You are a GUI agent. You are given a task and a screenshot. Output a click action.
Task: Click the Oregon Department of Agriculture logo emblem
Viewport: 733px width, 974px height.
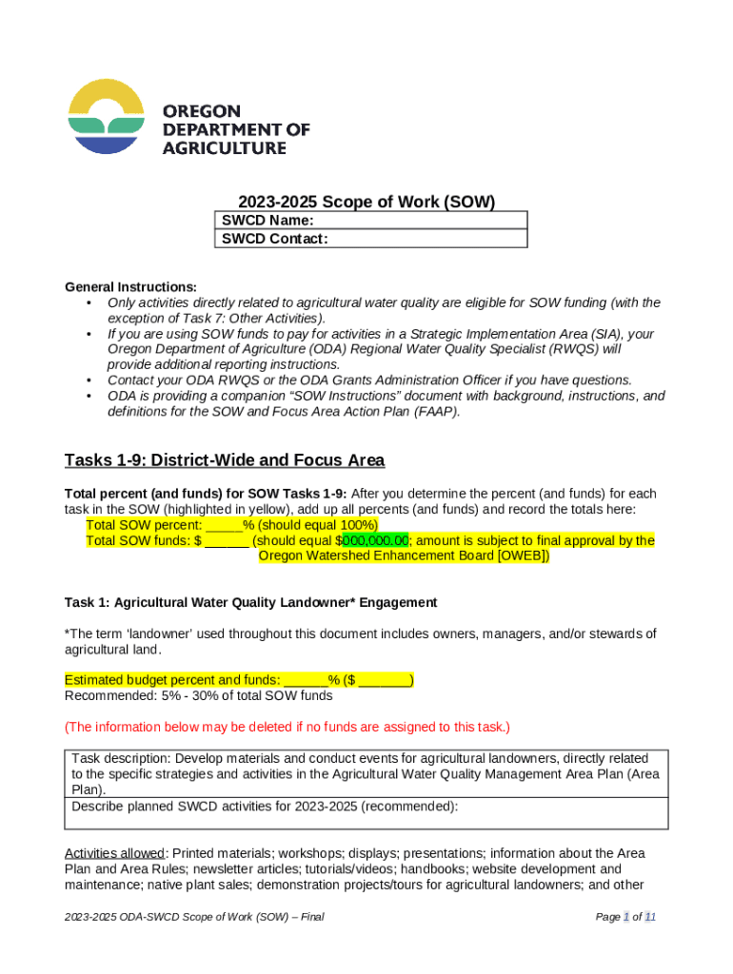pos(106,117)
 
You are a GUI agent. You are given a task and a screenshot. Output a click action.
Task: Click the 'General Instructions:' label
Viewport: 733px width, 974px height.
pos(130,287)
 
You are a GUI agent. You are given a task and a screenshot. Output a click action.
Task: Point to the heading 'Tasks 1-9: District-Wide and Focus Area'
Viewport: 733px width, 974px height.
pos(225,460)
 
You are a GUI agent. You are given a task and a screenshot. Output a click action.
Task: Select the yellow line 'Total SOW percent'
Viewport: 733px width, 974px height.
pos(231,525)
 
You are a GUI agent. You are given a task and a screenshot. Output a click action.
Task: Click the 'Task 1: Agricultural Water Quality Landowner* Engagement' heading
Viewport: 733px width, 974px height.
pos(250,602)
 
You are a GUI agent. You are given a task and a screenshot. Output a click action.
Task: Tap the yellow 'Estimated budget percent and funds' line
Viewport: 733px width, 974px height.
pos(238,680)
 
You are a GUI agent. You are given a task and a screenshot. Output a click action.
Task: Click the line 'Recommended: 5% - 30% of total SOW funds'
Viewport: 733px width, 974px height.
pos(198,695)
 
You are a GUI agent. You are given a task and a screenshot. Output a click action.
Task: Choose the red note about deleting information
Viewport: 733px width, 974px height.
pos(287,727)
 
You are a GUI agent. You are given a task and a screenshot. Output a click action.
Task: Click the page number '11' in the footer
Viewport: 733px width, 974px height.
pos(650,917)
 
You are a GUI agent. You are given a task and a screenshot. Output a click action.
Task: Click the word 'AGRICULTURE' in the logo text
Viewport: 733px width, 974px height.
pos(225,147)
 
